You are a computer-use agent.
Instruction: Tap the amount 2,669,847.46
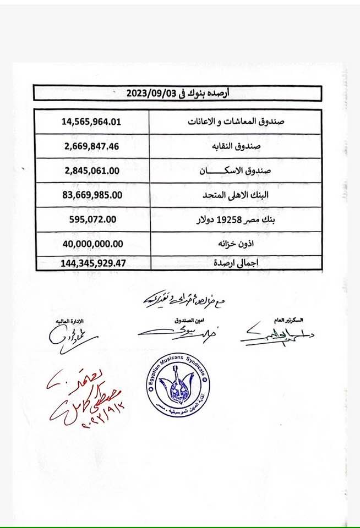tap(93, 146)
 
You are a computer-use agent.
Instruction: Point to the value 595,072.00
tap(93, 219)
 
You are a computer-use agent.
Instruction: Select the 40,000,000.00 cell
tap(93, 243)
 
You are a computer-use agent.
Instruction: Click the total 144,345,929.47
tap(93, 263)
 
